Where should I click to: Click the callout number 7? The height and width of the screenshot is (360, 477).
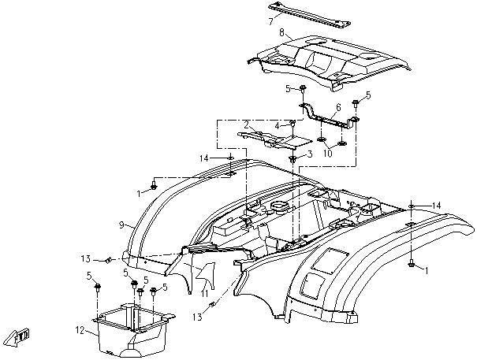pos(270,21)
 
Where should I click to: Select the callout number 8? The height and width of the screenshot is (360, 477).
pos(281,32)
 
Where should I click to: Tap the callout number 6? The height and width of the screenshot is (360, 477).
pos(338,108)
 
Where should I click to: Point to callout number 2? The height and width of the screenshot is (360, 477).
pos(247,124)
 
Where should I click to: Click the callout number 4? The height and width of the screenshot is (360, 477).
pos(278,125)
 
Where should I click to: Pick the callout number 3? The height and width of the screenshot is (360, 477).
pos(310,154)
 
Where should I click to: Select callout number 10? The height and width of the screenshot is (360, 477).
pos(328,154)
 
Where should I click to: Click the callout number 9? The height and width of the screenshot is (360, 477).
pos(121,225)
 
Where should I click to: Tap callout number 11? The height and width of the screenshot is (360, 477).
pos(204,294)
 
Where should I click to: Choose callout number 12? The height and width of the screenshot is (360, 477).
pos(80,329)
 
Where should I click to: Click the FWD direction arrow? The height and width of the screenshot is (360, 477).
pos(17,336)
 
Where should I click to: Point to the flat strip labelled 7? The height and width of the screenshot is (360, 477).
pos(309,15)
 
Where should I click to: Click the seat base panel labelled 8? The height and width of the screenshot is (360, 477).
pos(330,62)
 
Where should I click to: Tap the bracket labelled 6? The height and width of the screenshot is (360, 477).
pos(330,116)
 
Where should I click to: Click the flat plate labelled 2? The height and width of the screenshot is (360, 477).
pos(274,139)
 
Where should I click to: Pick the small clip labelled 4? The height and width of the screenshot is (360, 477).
pos(293,123)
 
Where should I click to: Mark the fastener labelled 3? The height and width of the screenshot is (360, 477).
pos(293,158)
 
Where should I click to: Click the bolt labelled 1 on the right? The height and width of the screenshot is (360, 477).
pos(411,264)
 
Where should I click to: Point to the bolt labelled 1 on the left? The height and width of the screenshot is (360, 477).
pos(154,185)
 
